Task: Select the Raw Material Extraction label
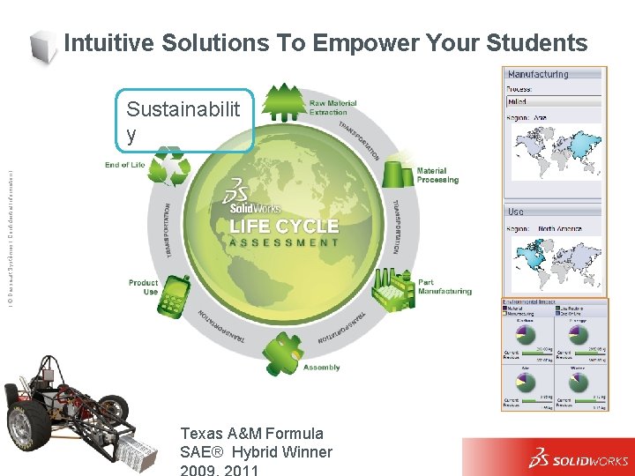[x=333, y=108]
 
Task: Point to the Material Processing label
[x=437, y=175]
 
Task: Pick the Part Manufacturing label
[x=444, y=286]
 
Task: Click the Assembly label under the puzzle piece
[x=321, y=367]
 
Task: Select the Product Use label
[x=143, y=287]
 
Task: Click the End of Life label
[x=124, y=165]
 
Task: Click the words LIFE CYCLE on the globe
[x=283, y=226]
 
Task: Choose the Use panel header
[x=517, y=212]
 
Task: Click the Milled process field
[x=552, y=102]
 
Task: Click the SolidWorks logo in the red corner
[x=578, y=459]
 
